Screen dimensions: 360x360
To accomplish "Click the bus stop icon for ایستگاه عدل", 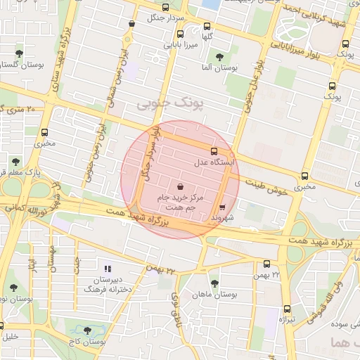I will coord(214,151).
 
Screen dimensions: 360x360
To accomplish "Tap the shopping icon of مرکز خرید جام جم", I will coord(181,187).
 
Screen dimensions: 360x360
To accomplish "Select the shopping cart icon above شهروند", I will coord(223,207).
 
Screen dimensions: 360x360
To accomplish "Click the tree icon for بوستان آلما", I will coord(219,56).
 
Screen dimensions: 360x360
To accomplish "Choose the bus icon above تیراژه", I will coord(287,309).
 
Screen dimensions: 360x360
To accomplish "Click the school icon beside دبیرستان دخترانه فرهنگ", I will coord(108,268).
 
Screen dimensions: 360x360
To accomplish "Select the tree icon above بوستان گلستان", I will coord(18,53).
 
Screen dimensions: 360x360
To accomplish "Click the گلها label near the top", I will coord(207,36).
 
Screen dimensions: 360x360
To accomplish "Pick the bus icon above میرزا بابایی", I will coord(181,34).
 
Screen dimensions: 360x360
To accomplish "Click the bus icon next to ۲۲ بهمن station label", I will coord(266,264).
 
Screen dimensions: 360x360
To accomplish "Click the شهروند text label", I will coord(223,218).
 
